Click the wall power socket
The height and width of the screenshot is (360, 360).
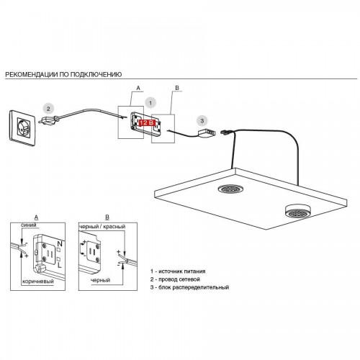click(22, 128)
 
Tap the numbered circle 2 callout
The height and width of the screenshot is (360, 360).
click(48, 109)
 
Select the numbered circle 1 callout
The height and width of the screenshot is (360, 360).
click(150, 103)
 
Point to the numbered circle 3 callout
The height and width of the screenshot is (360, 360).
click(202, 121)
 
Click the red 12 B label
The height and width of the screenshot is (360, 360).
click(147, 123)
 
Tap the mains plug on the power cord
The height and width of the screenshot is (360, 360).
click(49, 120)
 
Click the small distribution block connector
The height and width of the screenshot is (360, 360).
click(207, 132)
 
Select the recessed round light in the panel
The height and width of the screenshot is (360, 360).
click(231, 189)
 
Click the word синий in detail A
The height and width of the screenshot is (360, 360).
click(29, 225)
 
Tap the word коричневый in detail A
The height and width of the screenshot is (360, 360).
click(38, 282)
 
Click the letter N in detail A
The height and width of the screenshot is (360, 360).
click(60, 244)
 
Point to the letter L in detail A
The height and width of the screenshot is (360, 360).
click(60, 265)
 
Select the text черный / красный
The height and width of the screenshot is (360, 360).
click(102, 227)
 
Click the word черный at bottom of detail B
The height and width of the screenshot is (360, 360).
click(101, 280)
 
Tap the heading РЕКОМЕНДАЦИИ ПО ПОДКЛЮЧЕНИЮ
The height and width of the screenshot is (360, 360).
click(63, 74)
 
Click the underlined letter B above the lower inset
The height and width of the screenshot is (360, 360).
click(107, 217)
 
